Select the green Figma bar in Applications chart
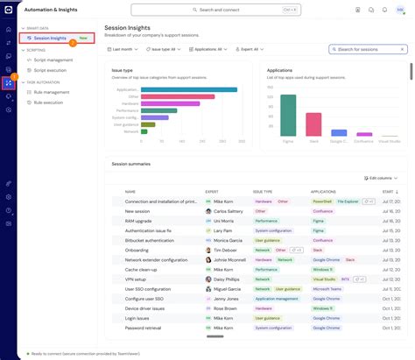coord(288,115)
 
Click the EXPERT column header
coord(212,191)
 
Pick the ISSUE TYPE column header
coord(263,191)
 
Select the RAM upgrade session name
coord(138,221)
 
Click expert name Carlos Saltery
coord(229,211)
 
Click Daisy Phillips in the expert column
coord(228,279)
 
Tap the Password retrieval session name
coord(143,328)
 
